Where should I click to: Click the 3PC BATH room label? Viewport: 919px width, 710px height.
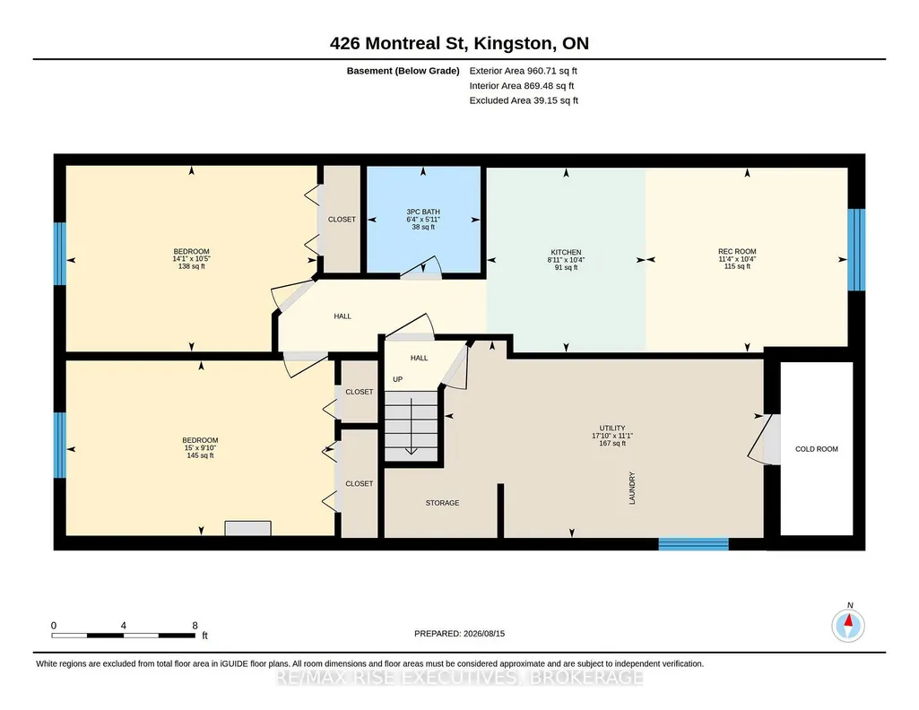423,212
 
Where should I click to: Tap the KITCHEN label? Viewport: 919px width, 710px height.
566,253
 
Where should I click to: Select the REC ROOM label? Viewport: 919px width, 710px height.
737,251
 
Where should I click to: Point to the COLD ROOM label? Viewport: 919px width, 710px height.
817,449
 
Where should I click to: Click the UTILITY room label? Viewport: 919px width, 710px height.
612,429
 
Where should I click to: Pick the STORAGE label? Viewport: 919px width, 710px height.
443,503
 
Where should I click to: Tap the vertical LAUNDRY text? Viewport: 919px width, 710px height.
632,488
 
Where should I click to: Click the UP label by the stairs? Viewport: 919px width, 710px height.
398,379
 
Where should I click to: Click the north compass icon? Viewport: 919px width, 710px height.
848,625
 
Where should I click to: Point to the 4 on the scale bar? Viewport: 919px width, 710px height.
123,626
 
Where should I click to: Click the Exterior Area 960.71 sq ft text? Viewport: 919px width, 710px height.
524,71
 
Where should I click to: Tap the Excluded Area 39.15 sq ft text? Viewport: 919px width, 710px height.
524,100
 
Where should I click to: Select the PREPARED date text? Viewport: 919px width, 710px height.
459,634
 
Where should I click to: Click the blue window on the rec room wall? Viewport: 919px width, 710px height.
856,249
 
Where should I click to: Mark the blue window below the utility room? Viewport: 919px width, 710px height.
693,544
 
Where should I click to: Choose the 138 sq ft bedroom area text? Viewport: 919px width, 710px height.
192,266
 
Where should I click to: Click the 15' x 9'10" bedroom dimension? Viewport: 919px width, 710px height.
200,448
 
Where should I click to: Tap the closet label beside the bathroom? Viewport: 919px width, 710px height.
342,220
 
